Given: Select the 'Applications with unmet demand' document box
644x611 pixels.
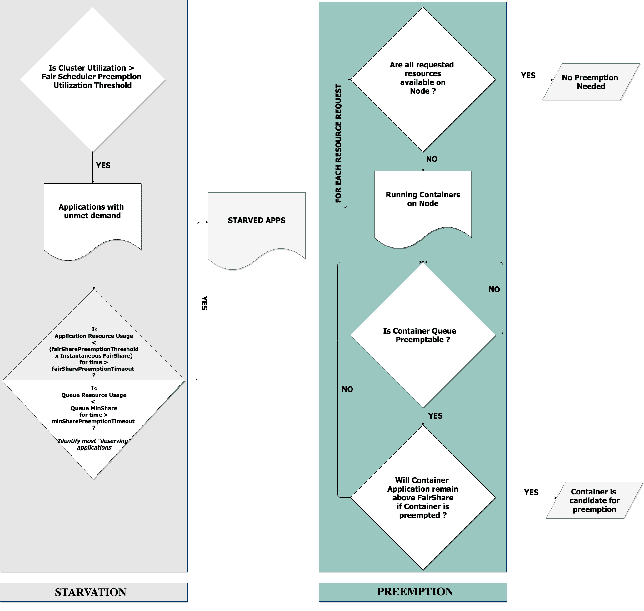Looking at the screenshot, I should [x=92, y=215].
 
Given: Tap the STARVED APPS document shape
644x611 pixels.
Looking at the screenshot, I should [x=257, y=225].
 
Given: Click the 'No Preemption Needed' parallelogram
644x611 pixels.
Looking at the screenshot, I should [x=591, y=82].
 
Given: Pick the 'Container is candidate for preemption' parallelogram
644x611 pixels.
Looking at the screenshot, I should [x=594, y=500].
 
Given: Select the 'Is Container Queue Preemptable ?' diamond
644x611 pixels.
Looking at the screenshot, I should [x=422, y=335].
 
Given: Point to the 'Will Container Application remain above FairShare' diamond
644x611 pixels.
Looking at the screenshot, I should [x=422, y=497].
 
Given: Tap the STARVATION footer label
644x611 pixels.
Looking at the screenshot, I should [x=91, y=592].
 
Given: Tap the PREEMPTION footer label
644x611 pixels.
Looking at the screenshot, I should [x=415, y=591].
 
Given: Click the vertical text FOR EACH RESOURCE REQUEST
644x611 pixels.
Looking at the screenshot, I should [x=338, y=143].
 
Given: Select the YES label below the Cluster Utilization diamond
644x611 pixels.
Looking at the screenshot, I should [x=103, y=166].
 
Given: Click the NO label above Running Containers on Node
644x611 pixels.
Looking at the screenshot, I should [x=432, y=159].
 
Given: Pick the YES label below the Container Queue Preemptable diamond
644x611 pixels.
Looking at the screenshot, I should [x=435, y=416].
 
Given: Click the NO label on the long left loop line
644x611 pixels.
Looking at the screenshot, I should [x=347, y=389].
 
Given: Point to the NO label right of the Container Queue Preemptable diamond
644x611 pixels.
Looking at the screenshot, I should [x=494, y=289].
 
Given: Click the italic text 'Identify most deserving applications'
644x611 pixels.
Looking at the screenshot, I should [x=94, y=444].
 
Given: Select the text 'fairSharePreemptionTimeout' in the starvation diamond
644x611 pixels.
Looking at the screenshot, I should [x=93, y=369].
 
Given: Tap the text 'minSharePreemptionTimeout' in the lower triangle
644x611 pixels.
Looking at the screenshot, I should [x=93, y=421].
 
